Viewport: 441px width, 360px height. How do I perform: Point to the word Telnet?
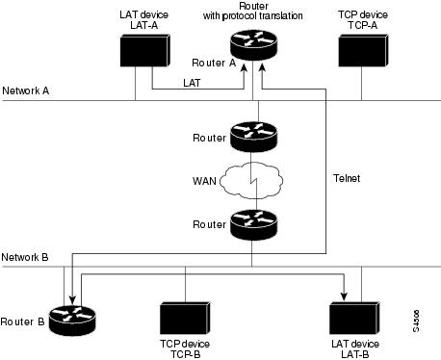[349, 179]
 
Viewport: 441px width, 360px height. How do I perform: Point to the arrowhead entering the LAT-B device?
[345, 292]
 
